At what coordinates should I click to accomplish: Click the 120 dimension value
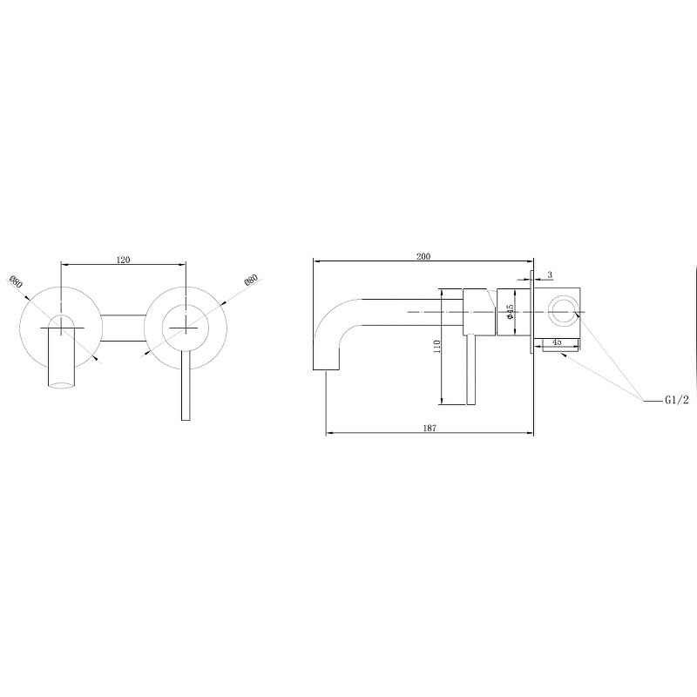[123, 260]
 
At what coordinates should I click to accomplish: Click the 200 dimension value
[423, 256]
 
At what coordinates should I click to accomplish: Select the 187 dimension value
[430, 428]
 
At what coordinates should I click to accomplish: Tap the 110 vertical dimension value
[437, 347]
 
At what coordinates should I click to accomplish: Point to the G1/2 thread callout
[677, 400]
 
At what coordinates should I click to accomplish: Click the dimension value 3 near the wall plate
[550, 274]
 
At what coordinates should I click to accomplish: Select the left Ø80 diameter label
[15, 281]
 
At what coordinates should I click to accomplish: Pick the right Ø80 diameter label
[251, 281]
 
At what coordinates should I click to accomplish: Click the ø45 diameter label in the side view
[511, 312]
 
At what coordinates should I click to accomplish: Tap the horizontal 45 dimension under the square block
[557, 342]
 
